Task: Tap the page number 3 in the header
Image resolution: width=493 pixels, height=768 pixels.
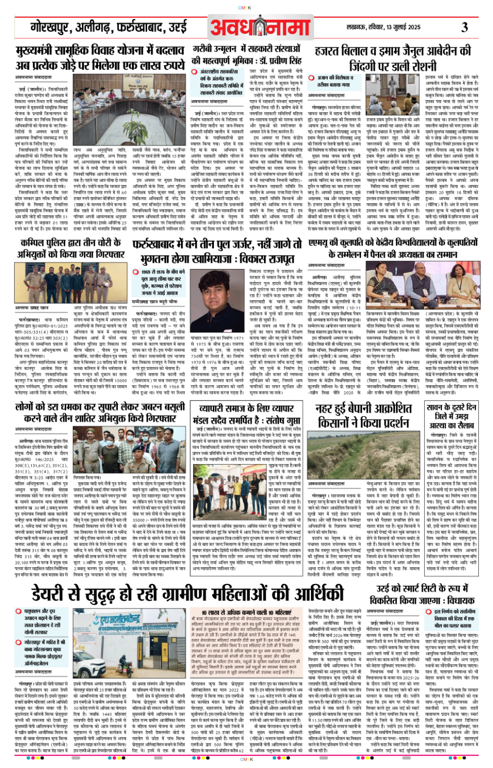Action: point(464,27)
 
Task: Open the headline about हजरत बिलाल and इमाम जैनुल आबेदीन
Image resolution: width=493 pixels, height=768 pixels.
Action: point(392,58)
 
